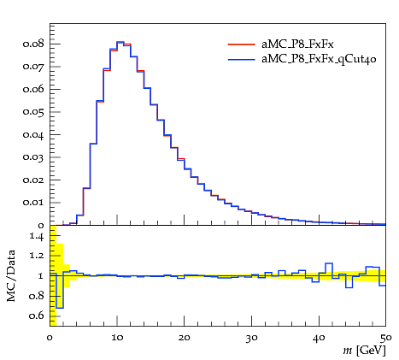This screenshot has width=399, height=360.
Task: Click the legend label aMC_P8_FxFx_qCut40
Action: tap(319, 59)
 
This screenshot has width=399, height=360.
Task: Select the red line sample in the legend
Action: tap(241, 44)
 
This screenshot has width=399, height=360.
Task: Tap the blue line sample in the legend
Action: tap(241, 60)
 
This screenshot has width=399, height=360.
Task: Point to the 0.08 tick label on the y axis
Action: tap(33, 44)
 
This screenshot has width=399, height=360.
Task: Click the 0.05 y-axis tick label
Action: tap(33, 112)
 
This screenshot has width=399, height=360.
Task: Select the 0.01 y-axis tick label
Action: tap(33, 203)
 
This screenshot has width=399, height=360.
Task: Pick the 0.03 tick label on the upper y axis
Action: tap(33, 157)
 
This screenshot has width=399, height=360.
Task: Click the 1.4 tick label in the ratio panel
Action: tap(37, 236)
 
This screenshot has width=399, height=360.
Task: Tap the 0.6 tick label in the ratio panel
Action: tap(37, 316)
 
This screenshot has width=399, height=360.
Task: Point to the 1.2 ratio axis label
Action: tap(37, 256)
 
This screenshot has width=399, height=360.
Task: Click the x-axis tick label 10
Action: tap(117, 338)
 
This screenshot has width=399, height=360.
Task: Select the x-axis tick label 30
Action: tap(251, 338)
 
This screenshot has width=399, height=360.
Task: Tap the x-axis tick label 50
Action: tap(386, 338)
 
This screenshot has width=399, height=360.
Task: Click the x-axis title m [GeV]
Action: tap(364, 350)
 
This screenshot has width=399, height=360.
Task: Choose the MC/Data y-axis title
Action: tap(11, 275)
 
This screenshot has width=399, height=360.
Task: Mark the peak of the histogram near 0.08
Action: tap(120, 42)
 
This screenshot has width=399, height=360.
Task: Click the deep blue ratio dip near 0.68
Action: tap(60, 308)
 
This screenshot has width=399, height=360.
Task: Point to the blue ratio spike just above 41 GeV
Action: tap(329, 263)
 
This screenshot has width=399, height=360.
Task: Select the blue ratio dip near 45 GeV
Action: tap(349, 287)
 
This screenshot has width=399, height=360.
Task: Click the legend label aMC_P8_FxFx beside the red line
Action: tap(297, 44)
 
